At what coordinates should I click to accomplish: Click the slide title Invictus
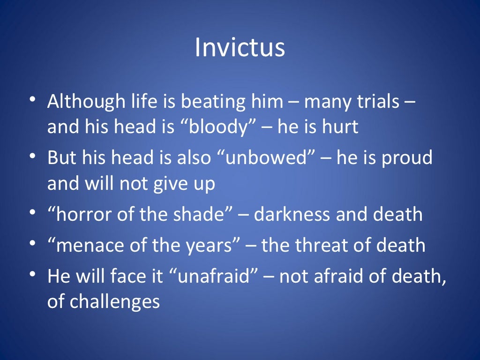240,47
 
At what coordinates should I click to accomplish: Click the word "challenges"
115,301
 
